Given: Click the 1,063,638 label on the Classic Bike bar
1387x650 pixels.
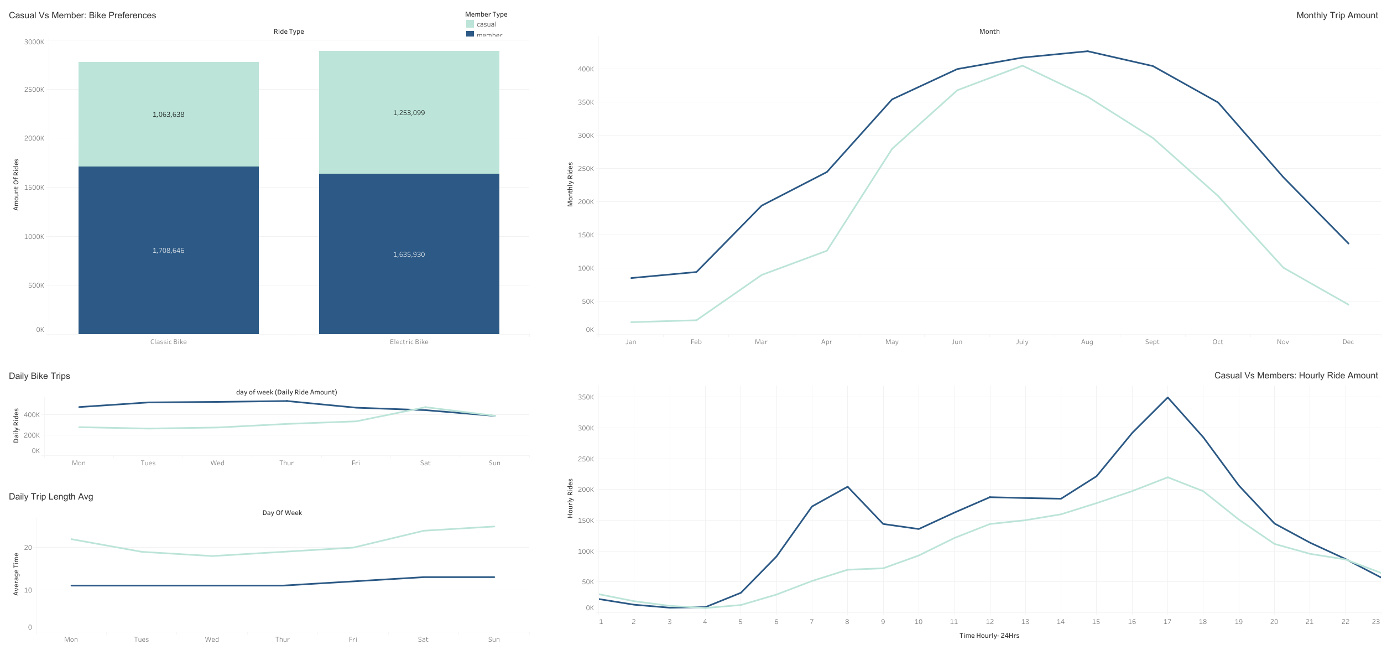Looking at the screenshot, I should pyautogui.click(x=168, y=115).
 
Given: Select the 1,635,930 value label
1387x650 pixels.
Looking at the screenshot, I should pyautogui.click(x=409, y=254).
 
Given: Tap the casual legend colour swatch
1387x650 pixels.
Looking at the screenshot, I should pyautogui.click(x=470, y=24).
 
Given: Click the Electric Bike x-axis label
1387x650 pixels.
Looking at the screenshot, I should pyautogui.click(x=409, y=342).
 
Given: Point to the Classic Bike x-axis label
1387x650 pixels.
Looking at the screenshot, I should pyautogui.click(x=168, y=342).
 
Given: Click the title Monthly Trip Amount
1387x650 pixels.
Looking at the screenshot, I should pyautogui.click(x=1337, y=15).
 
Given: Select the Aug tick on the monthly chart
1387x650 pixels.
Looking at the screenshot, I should pyautogui.click(x=1087, y=342).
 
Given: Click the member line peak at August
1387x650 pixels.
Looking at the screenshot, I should pyautogui.click(x=1087, y=51).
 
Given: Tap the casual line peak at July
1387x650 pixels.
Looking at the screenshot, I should pyautogui.click(x=1022, y=66).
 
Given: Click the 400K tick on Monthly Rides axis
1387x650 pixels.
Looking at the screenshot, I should pyautogui.click(x=585, y=69).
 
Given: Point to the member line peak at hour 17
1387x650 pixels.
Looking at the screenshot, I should pyautogui.click(x=1167, y=397).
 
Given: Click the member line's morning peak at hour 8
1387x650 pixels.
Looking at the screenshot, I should pyautogui.click(x=847, y=487).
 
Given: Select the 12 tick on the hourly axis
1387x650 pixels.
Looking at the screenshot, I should pyautogui.click(x=989, y=622).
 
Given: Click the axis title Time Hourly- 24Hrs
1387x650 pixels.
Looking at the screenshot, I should pyautogui.click(x=989, y=636).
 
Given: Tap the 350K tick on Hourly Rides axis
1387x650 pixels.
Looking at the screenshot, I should pyautogui.click(x=585, y=397).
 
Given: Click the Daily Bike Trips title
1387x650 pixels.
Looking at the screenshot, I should pyautogui.click(x=39, y=376).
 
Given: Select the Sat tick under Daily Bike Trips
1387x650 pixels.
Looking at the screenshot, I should pyautogui.click(x=425, y=463).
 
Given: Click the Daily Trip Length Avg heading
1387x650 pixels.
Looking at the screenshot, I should pyautogui.click(x=51, y=497).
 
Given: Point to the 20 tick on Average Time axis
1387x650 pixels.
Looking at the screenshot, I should pyautogui.click(x=28, y=548).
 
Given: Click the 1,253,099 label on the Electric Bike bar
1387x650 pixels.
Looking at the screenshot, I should pyautogui.click(x=409, y=113).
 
